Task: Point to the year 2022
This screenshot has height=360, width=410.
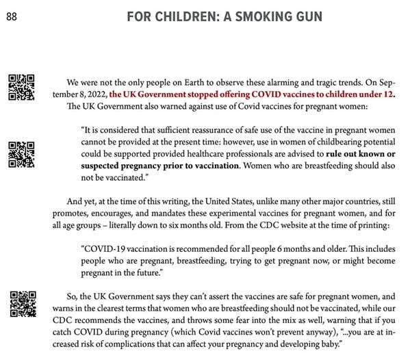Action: (93, 94)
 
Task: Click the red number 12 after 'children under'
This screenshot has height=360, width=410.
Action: (389, 94)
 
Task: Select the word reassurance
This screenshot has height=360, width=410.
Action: (202, 128)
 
